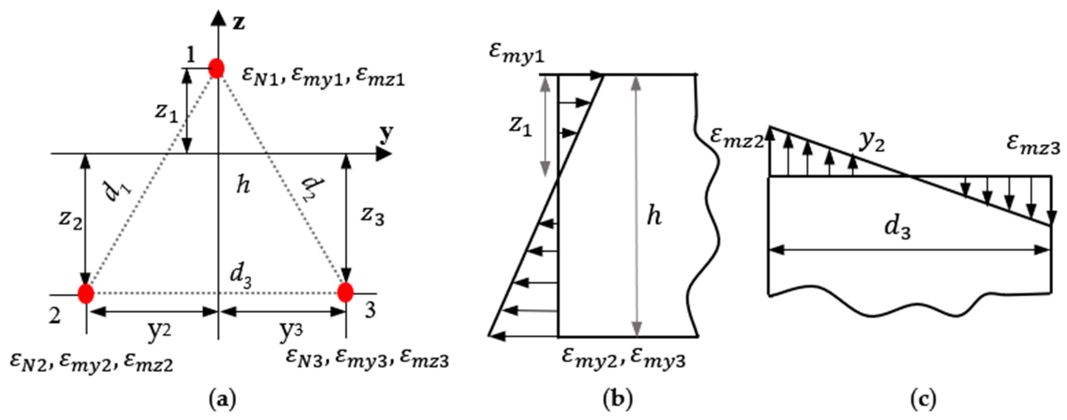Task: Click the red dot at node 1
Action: click(x=216, y=68)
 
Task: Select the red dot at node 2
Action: click(x=86, y=294)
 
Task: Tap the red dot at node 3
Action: click(x=345, y=293)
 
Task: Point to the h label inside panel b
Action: click(x=654, y=216)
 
